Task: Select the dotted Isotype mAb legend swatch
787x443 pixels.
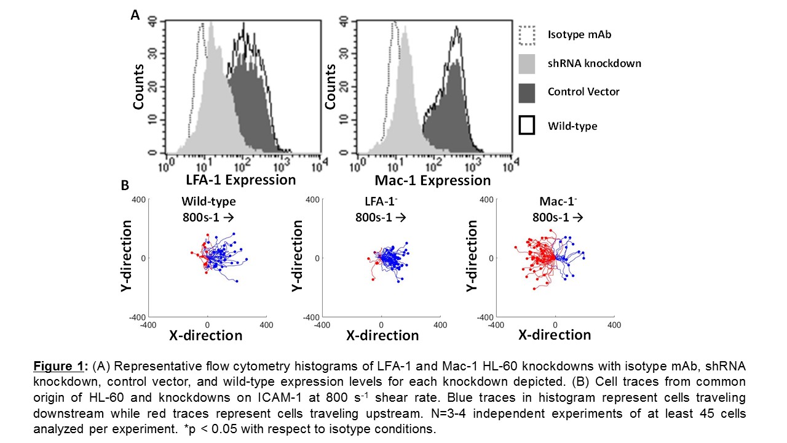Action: pyautogui.click(x=527, y=35)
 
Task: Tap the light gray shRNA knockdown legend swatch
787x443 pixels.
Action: pyautogui.click(x=527, y=63)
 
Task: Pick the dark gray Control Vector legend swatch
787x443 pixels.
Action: pyautogui.click(x=527, y=92)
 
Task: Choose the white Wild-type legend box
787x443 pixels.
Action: pyautogui.click(x=527, y=126)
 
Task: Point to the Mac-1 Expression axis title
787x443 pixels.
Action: pyautogui.click(x=432, y=180)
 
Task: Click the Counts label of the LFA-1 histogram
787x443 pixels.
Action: pyautogui.click(x=140, y=87)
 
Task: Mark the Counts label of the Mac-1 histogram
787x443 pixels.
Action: pyautogui.click(x=331, y=87)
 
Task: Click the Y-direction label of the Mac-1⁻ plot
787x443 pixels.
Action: pyautogui.click(x=472, y=257)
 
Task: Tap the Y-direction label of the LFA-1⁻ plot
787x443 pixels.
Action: pyautogui.click(x=298, y=257)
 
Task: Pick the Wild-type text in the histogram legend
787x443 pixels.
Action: pyautogui.click(x=572, y=126)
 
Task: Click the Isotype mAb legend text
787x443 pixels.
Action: pyautogui.click(x=579, y=34)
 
